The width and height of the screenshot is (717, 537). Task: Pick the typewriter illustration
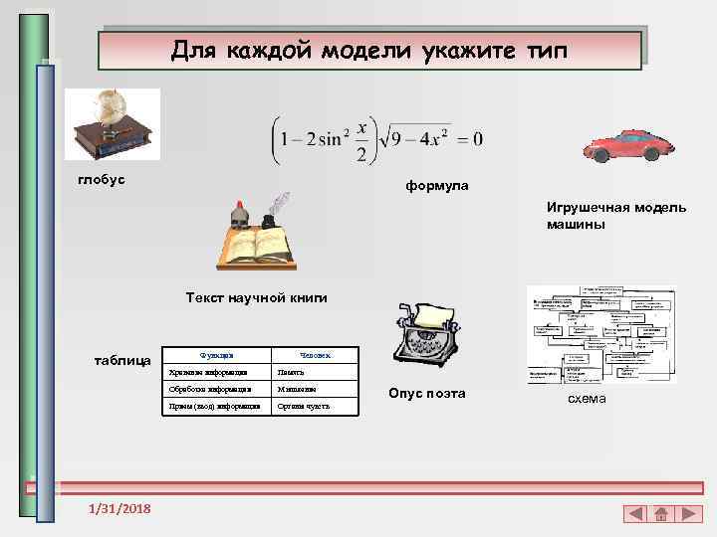423,338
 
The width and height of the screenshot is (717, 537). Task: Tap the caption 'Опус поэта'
427,393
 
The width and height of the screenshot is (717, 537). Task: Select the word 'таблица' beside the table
121,359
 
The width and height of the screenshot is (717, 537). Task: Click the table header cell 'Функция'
216,354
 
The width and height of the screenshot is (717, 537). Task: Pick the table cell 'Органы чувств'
305,407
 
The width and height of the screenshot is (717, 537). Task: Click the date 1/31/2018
119,508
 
